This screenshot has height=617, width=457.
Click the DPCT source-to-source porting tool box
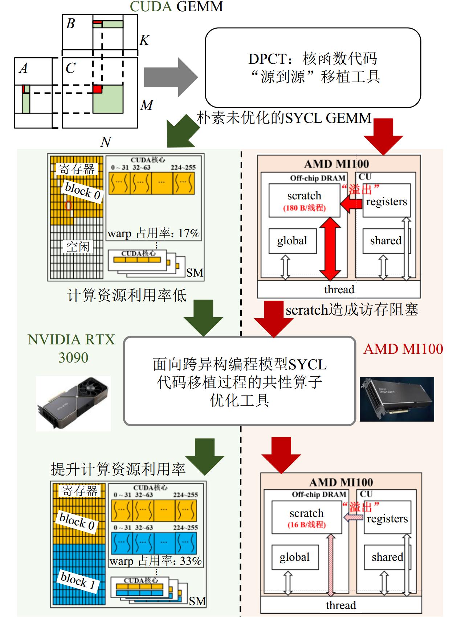click(x=313, y=68)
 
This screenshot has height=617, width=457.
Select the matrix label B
click(x=70, y=24)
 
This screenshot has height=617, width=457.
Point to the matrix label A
click(x=23, y=69)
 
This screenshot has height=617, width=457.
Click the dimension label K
click(x=144, y=40)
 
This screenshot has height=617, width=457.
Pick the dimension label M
click(x=146, y=105)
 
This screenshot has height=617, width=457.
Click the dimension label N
click(x=105, y=142)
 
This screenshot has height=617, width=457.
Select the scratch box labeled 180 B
click(x=304, y=200)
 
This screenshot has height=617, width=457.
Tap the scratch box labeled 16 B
click(x=306, y=517)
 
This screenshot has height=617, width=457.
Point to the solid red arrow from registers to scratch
click(x=351, y=204)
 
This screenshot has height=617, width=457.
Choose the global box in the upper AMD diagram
click(x=292, y=241)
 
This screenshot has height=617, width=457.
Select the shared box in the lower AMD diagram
click(x=387, y=557)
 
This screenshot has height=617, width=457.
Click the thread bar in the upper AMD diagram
click(x=339, y=290)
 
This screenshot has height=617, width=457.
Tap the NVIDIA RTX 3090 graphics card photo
click(x=73, y=403)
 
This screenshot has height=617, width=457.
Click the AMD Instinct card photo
click(x=396, y=399)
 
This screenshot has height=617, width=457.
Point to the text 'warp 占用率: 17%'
click(x=154, y=233)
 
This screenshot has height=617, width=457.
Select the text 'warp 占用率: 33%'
click(x=155, y=561)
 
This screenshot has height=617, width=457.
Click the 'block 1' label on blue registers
click(x=78, y=581)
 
